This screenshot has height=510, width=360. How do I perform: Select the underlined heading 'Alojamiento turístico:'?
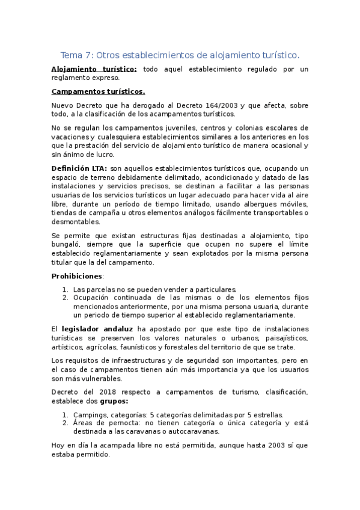click(x=94, y=69)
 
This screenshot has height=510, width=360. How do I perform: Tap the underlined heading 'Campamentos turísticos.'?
click(x=99, y=92)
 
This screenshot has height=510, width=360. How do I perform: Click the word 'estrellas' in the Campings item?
click(x=267, y=415)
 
